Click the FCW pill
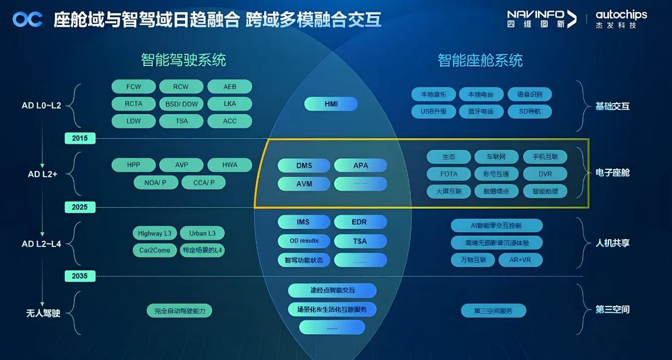[134, 86]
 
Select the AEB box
[229, 86]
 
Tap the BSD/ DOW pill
[182, 104]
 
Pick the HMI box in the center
[331, 104]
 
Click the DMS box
[304, 165]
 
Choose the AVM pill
[304, 184]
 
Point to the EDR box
[359, 222]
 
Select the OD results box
[304, 241]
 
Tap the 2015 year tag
[79, 138]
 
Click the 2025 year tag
[79, 207]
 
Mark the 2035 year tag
[79, 276]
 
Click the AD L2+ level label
[42, 174]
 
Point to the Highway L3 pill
[155, 233]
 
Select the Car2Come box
[155, 250]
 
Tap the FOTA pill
[449, 174]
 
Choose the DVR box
[545, 174]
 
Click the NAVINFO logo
[541, 18]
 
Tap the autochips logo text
[621, 15]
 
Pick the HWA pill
[229, 165]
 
